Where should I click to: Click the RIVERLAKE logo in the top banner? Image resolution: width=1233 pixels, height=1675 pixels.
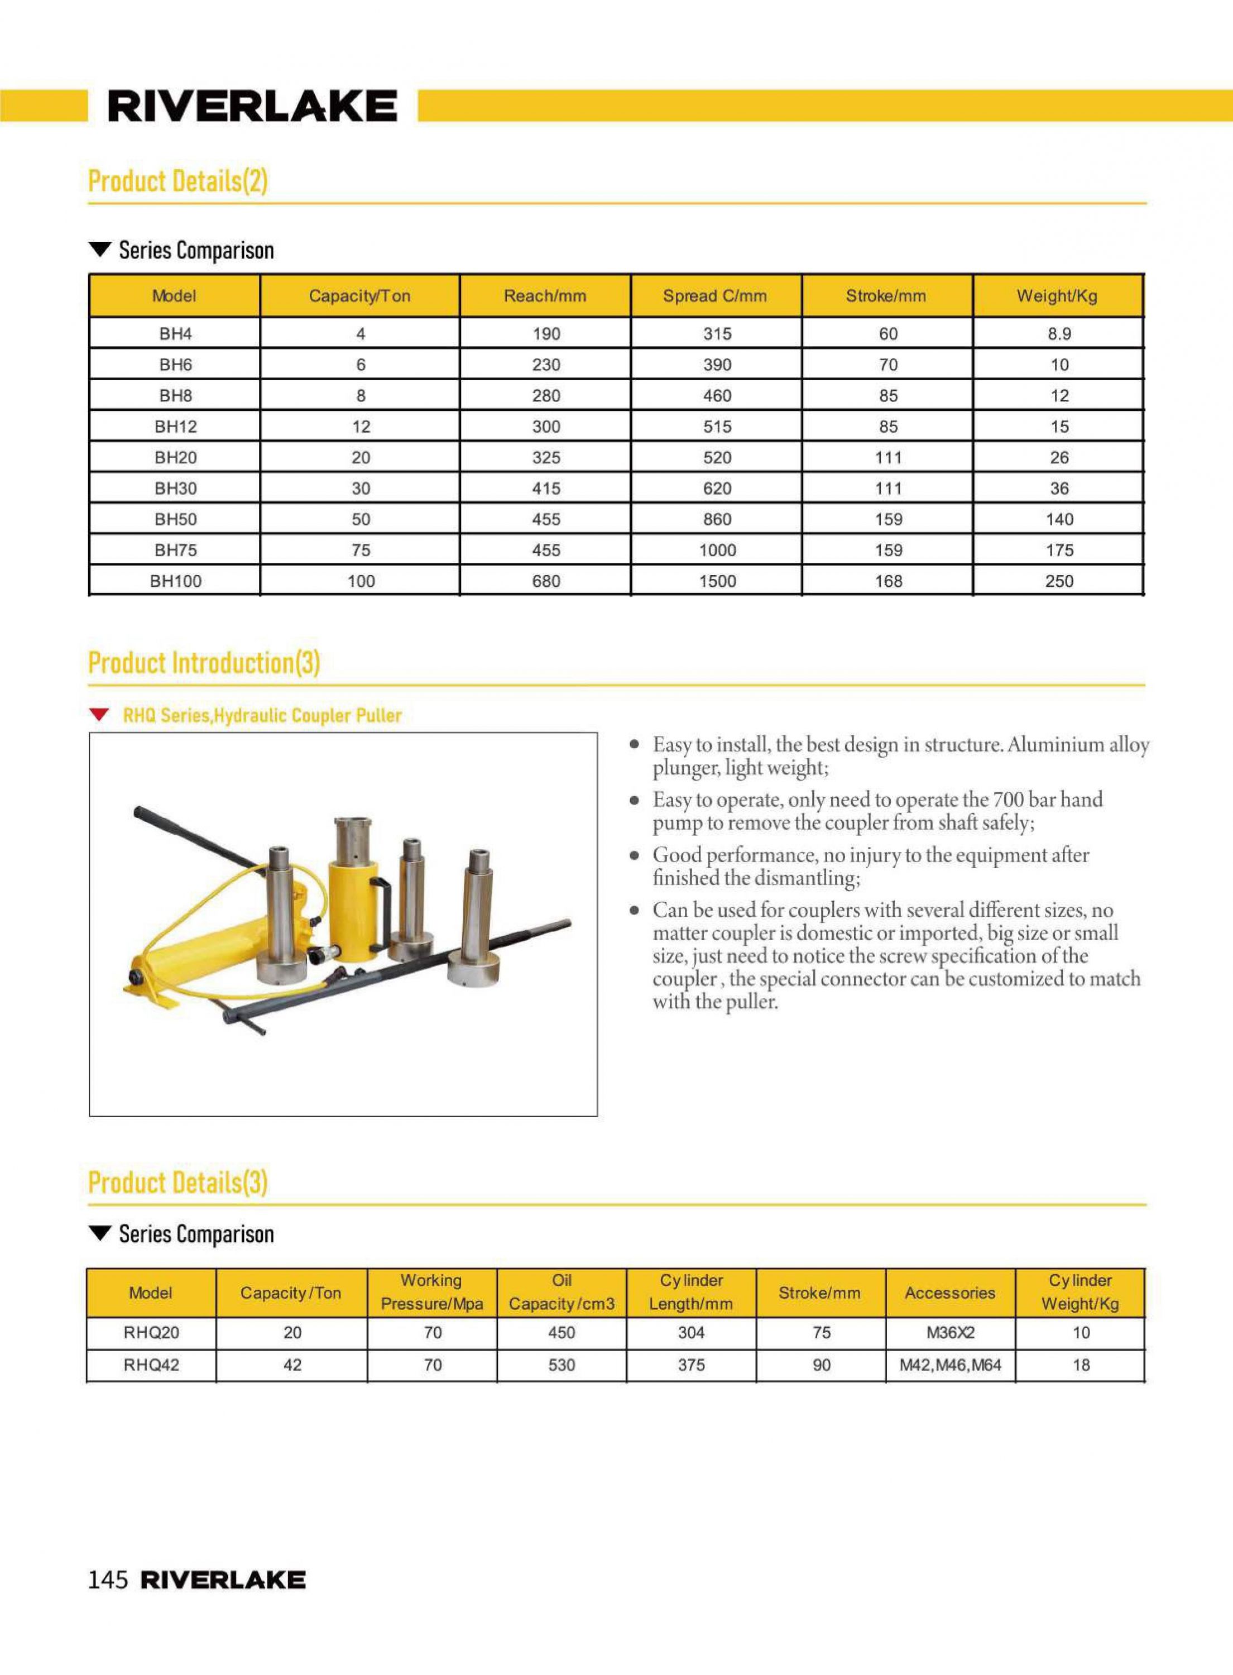(x=252, y=106)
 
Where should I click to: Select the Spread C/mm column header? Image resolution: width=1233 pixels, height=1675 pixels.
(x=714, y=295)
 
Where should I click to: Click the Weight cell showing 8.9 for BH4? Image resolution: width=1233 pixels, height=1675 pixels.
(x=1058, y=334)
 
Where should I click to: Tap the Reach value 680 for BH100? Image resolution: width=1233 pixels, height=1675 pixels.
(x=545, y=581)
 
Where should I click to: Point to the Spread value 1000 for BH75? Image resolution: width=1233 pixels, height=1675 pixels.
(x=717, y=550)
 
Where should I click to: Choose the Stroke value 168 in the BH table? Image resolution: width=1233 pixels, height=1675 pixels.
(x=888, y=581)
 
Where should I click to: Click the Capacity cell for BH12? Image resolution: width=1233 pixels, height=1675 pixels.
(x=361, y=426)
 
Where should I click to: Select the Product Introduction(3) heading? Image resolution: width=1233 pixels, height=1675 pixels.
(x=204, y=662)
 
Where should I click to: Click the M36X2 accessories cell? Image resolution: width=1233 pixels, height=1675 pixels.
(x=950, y=1332)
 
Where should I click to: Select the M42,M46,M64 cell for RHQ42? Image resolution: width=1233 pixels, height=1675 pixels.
(x=950, y=1365)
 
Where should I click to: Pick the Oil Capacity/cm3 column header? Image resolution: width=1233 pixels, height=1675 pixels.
(x=562, y=1292)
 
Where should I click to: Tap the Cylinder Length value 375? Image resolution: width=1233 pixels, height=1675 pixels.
(x=691, y=1365)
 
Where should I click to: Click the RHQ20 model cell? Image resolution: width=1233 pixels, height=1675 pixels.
(x=151, y=1332)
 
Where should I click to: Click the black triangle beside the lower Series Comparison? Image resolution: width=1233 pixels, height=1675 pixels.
(x=99, y=1234)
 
